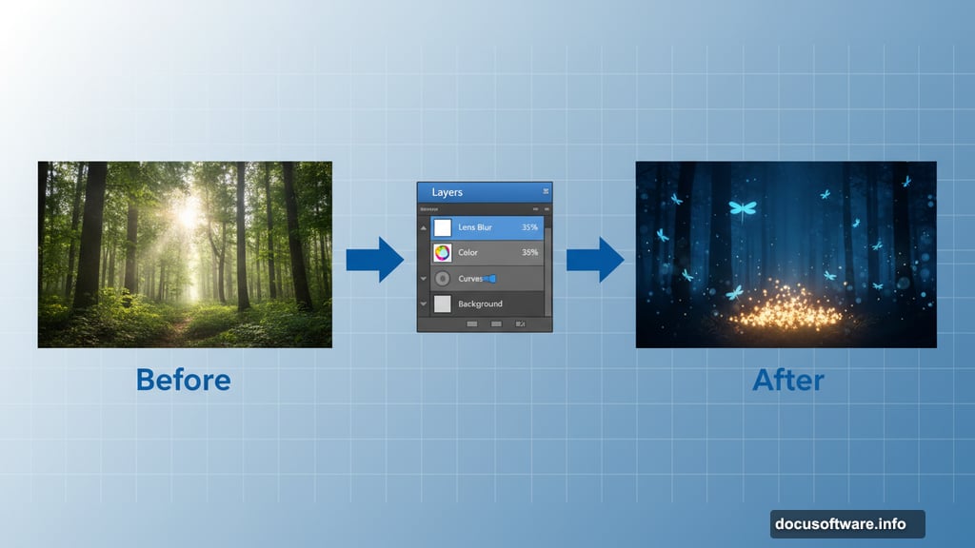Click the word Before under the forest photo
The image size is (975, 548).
[x=183, y=380]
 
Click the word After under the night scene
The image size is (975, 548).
[x=787, y=380]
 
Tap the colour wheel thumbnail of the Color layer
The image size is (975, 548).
[x=442, y=253]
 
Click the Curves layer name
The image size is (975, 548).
[x=470, y=279]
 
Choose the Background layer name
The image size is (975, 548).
[x=480, y=303]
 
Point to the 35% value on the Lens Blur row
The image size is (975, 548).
[x=529, y=227]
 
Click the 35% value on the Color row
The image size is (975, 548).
[x=529, y=253]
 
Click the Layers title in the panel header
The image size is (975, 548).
[x=447, y=192]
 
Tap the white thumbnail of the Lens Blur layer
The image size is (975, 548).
[x=442, y=227]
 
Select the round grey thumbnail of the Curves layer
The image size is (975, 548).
[x=442, y=279]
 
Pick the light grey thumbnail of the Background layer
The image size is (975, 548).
[x=442, y=303]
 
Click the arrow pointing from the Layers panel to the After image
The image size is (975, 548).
[x=594, y=260]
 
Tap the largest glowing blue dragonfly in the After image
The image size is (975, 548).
[x=743, y=207]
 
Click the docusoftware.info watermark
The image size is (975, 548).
[x=846, y=523]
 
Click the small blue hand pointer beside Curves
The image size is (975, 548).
[x=489, y=279]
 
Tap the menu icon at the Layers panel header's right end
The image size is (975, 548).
[x=546, y=192]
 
